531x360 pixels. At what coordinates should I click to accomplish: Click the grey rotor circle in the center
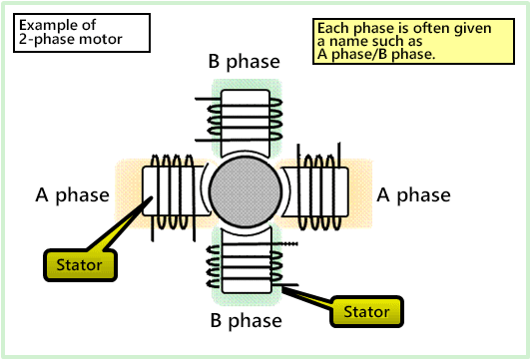[x=246, y=193]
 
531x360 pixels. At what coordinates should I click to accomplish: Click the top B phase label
[x=245, y=62]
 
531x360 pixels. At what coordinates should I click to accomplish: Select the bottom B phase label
[x=245, y=321]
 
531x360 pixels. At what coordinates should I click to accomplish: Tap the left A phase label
[x=70, y=194]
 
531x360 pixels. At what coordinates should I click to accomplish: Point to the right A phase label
[x=413, y=194]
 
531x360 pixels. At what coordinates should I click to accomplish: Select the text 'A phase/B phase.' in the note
[x=375, y=54]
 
